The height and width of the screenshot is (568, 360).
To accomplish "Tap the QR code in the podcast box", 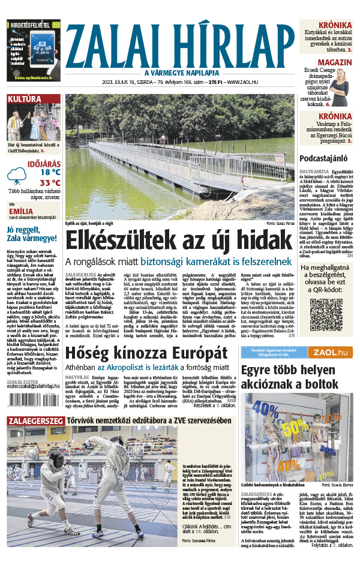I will pos(325,314).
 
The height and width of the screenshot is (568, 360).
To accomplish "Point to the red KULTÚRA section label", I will pos(25,99).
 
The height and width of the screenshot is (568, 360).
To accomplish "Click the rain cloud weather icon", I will pos(16,176).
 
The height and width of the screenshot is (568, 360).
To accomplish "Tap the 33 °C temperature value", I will pos(50,183).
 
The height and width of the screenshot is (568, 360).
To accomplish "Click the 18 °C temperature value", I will pos(50,172).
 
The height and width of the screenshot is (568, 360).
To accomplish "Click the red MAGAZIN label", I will pos(334,62).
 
